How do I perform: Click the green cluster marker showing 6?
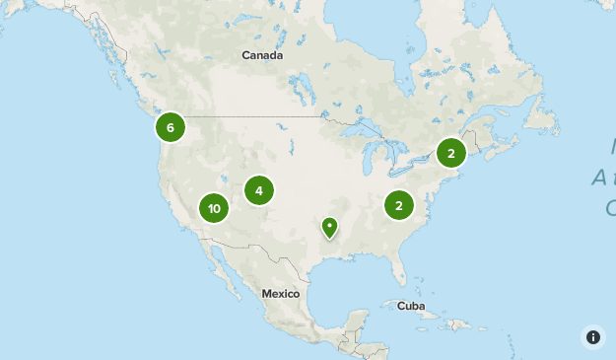coord(171,127)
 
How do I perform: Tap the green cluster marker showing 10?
coord(214,208)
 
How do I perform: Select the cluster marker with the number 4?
coord(259,190)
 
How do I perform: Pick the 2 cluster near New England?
coord(451,153)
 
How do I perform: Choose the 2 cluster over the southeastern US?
coord(399,206)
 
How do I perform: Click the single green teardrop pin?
coord(329,228)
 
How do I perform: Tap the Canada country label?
coord(262,55)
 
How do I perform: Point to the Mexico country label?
coord(280,294)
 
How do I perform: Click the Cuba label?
coord(411,306)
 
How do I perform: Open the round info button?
coord(593,337)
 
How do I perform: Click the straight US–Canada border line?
coord(256,117)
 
